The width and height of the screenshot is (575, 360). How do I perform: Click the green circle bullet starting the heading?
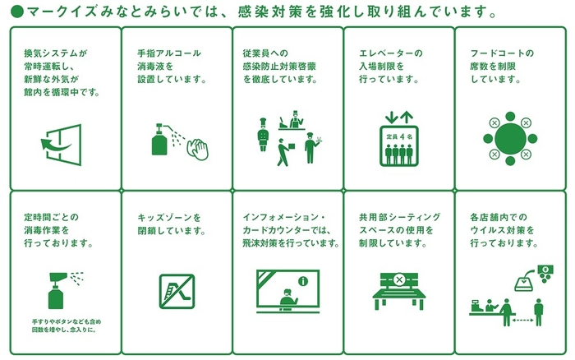point(15,13)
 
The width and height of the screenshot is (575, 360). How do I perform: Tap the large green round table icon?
point(502,134)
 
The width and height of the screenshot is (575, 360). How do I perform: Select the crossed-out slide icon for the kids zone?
point(176,291)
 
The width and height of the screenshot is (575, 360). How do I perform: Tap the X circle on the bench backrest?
point(399,279)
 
